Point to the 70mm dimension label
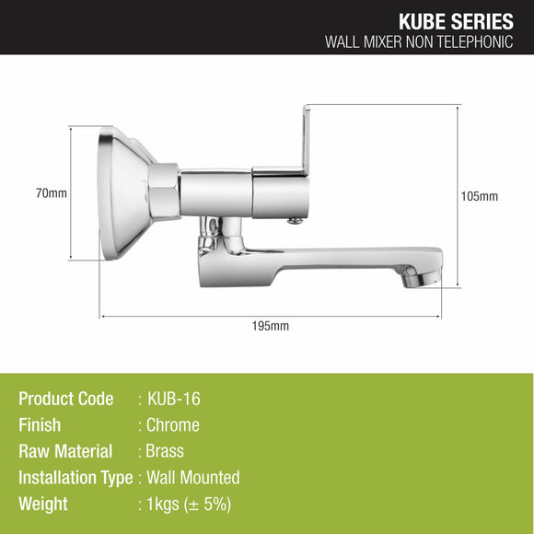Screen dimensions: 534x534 tap(52, 194)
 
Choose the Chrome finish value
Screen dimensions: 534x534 tap(173, 425)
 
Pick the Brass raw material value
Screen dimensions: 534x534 tap(166, 451)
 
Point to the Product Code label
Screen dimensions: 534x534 tap(66, 399)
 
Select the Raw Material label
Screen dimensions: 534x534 tap(65, 451)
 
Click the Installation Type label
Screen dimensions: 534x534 tap(75, 478)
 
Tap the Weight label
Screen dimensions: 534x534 tap(43, 504)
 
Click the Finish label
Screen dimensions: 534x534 tap(40, 425)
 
